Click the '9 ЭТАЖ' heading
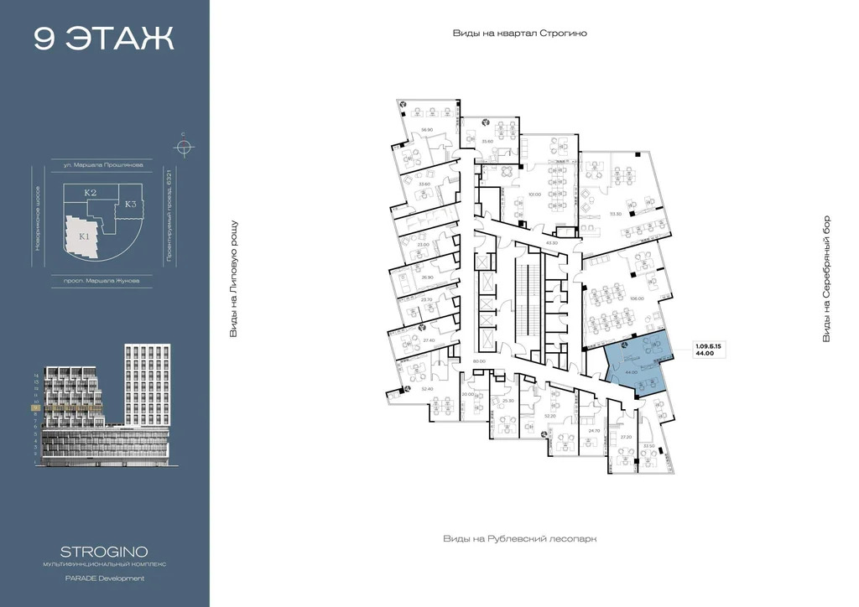point(104,39)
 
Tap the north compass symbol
point(183,147)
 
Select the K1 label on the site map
point(85,236)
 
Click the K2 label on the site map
point(91,193)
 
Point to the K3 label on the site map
point(131,204)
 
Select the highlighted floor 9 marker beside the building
point(35,407)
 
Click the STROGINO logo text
point(105,552)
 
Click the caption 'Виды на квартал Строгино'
point(519,33)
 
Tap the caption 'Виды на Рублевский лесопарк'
point(519,539)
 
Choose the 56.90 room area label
point(426,129)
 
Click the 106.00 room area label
point(636,298)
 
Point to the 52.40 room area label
point(426,388)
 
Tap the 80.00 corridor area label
point(479,361)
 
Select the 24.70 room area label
point(595,430)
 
